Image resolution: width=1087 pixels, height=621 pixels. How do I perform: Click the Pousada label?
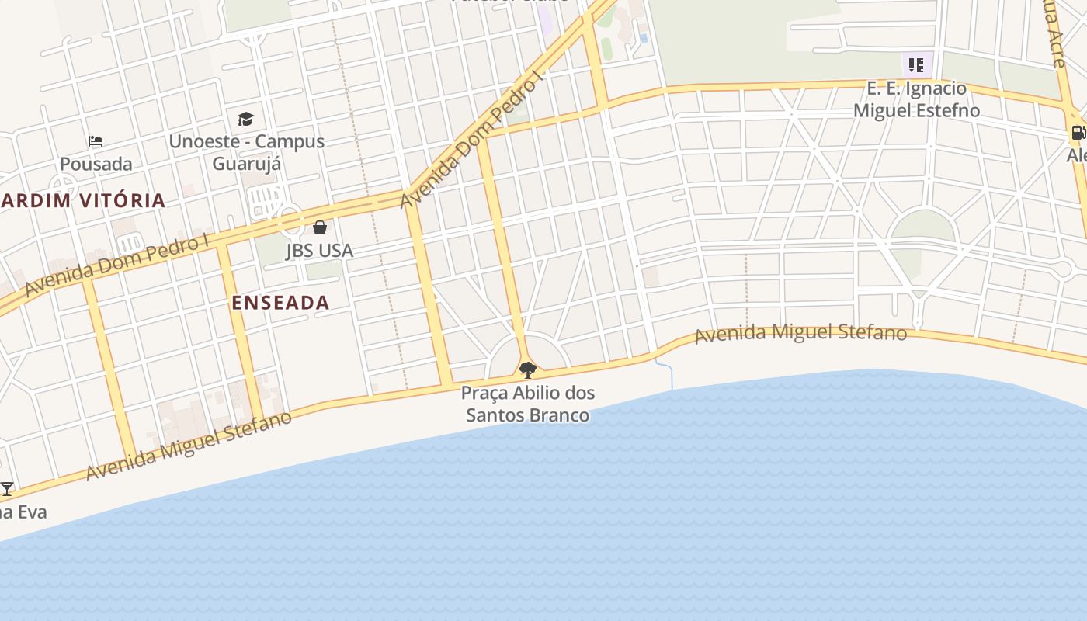(96, 164)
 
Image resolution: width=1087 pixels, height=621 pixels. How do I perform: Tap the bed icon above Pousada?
(96, 141)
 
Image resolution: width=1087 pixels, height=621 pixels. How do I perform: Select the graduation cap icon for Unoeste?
(245, 119)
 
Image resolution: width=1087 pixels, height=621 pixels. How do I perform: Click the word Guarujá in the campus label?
(247, 164)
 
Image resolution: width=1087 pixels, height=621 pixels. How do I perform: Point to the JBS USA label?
(319, 250)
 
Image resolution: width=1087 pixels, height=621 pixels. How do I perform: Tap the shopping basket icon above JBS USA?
(320, 227)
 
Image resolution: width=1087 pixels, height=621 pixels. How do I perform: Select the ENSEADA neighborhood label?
(280, 303)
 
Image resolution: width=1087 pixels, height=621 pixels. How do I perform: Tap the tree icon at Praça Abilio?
(528, 369)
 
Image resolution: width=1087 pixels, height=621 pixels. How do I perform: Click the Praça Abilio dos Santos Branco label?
(528, 404)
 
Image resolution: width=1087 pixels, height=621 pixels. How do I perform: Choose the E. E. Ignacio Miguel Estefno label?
(916, 99)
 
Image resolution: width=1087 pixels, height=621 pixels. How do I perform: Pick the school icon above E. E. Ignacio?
(916, 65)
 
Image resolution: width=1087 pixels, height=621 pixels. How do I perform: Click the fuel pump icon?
(1078, 133)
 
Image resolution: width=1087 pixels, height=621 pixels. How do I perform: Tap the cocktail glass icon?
(7, 489)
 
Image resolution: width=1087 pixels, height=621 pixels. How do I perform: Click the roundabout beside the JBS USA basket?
(291, 221)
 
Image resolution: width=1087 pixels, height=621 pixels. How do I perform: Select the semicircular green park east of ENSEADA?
(922, 227)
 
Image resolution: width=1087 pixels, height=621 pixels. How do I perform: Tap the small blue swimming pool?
(644, 38)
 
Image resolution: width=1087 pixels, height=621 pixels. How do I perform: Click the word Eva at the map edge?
(33, 512)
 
